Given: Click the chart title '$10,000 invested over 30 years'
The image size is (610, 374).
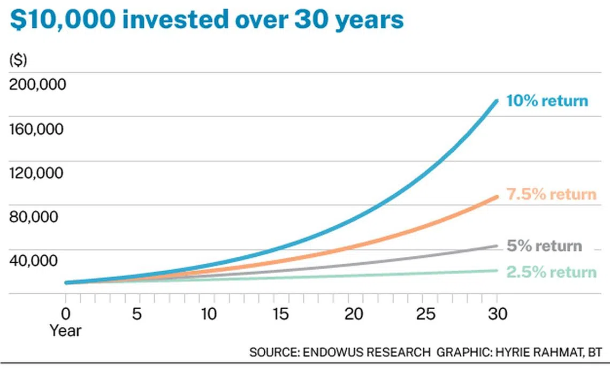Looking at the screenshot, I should pyautogui.click(x=207, y=20).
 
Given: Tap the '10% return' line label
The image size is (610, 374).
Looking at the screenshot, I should pyautogui.click(x=547, y=101).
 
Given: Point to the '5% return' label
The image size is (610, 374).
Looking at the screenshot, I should pyautogui.click(x=544, y=246).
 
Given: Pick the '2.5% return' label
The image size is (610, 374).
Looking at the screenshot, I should pyautogui.click(x=551, y=272).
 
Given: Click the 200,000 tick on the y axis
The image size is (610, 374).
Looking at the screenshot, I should pyautogui.click(x=37, y=85).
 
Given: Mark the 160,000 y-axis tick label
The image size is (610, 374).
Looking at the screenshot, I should pyautogui.click(x=37, y=129).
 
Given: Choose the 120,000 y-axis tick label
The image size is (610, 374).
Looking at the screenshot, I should pyautogui.click(x=37, y=173).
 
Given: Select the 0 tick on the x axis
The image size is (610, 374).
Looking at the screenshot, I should pyautogui.click(x=66, y=314).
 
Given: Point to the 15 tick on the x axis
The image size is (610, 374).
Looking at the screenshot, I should pyautogui.click(x=281, y=314).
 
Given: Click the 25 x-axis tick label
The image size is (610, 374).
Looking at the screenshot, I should pyautogui.click(x=425, y=314).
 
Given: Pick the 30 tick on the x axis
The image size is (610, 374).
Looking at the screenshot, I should pyautogui.click(x=497, y=314).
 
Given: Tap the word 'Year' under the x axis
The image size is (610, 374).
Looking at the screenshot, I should pyautogui.click(x=66, y=331).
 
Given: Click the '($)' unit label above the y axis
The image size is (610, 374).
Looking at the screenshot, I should pyautogui.click(x=18, y=60).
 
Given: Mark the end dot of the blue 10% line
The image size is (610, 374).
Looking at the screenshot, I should pyautogui.click(x=497, y=101).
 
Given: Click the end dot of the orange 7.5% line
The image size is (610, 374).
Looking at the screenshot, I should pyautogui.click(x=497, y=197).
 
